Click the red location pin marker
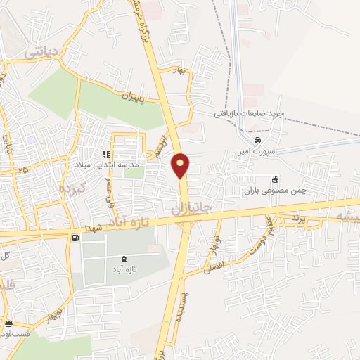181,166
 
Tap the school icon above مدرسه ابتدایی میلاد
106,154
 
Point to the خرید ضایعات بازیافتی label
248,113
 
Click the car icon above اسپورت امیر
262,139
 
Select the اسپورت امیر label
262,150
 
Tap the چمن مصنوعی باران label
276,190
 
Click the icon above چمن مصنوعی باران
276,179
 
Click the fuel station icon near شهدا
74,238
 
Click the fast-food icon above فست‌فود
8,324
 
